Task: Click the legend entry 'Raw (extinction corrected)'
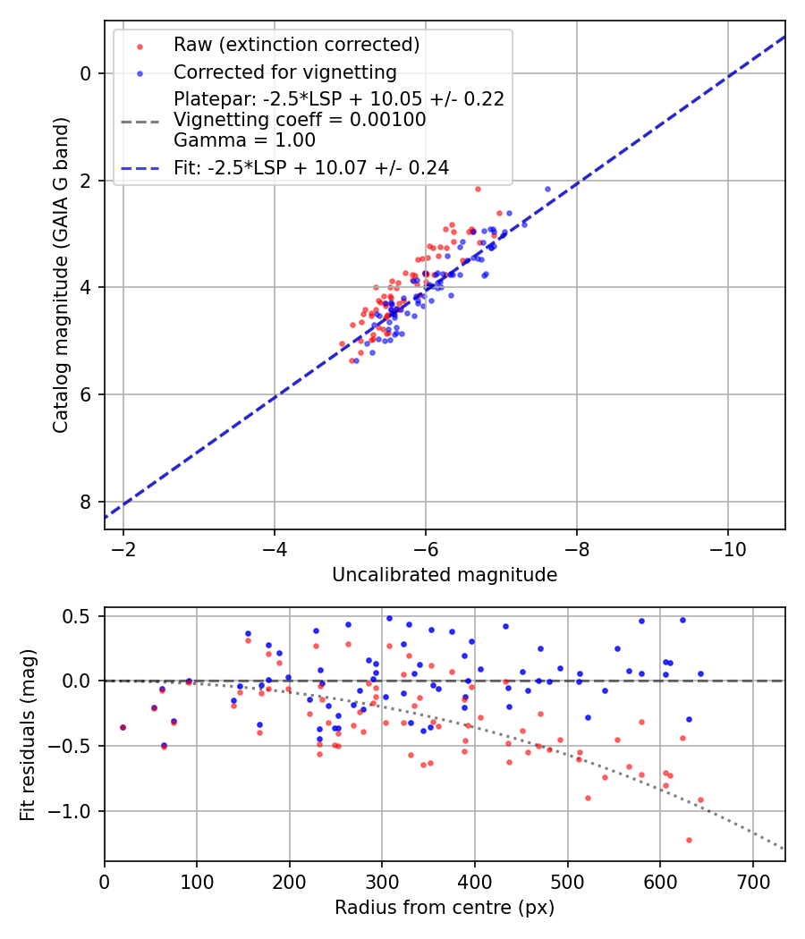tap(296, 45)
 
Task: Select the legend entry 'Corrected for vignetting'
tap(285, 72)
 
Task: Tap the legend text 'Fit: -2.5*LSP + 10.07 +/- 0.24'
tap(311, 167)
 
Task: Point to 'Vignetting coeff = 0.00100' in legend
tap(300, 120)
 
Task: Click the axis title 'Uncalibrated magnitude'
tap(445, 575)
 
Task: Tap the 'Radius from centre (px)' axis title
tap(445, 908)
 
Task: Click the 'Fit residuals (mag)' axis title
tap(28, 734)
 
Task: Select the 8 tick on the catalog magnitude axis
tap(87, 502)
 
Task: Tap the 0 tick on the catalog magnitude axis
tap(87, 73)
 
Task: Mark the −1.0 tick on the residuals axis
tap(76, 811)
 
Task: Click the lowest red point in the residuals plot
tap(689, 840)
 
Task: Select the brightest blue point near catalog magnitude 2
tap(547, 189)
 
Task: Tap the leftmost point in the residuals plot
tap(123, 727)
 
